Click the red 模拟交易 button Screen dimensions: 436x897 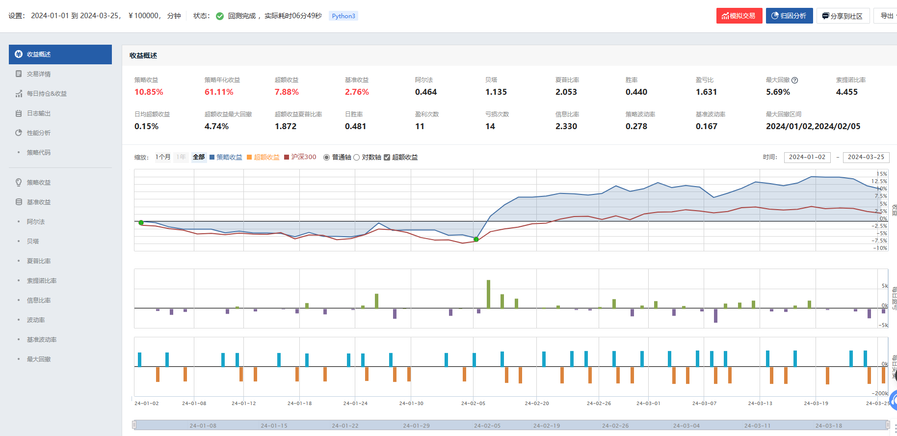pyautogui.click(x=739, y=16)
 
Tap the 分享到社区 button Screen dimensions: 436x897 pyautogui.click(x=843, y=16)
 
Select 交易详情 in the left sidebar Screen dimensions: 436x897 pyautogui.click(x=39, y=74)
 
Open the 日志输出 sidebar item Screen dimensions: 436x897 pyautogui.click(x=39, y=113)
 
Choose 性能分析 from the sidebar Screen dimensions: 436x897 pyautogui.click(x=39, y=133)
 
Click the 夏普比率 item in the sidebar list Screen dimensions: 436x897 pyautogui.click(x=39, y=261)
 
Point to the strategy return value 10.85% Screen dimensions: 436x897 pyautogui.click(x=149, y=92)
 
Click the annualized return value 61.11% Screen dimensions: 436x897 pyautogui.click(x=219, y=92)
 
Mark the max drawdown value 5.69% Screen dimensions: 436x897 pyautogui.click(x=778, y=92)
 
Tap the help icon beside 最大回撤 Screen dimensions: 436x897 pyautogui.click(x=795, y=80)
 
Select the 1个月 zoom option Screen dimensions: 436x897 pyautogui.click(x=163, y=157)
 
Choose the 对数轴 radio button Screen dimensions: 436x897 pyautogui.click(x=357, y=158)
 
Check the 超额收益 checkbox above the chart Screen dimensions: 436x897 pyautogui.click(x=387, y=158)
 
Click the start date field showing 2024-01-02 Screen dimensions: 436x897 pyautogui.click(x=807, y=157)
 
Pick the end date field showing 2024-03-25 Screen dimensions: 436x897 pyautogui.click(x=866, y=157)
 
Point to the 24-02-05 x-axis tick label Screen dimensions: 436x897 pyautogui.click(x=473, y=403)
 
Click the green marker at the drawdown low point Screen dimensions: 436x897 pyautogui.click(x=476, y=239)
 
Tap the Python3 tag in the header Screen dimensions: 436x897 pyautogui.click(x=343, y=16)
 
